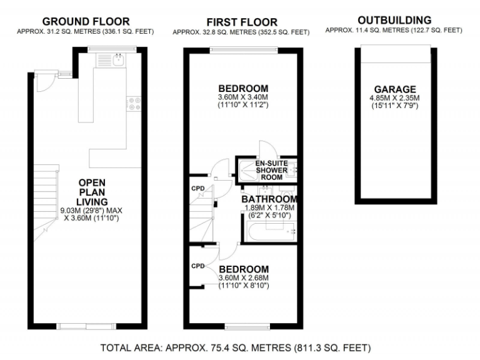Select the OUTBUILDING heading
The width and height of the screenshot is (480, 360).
click(x=394, y=20)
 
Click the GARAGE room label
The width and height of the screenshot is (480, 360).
click(x=394, y=89)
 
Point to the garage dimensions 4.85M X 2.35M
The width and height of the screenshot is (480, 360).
click(x=394, y=98)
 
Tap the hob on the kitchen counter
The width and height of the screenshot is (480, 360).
click(x=134, y=103)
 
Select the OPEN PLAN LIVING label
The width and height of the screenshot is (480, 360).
click(x=92, y=192)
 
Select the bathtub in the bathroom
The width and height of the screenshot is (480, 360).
click(x=269, y=232)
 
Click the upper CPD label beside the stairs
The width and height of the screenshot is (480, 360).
click(x=197, y=187)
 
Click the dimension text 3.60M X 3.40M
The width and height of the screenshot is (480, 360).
click(x=243, y=97)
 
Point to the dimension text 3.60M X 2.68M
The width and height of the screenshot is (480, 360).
click(x=243, y=277)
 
